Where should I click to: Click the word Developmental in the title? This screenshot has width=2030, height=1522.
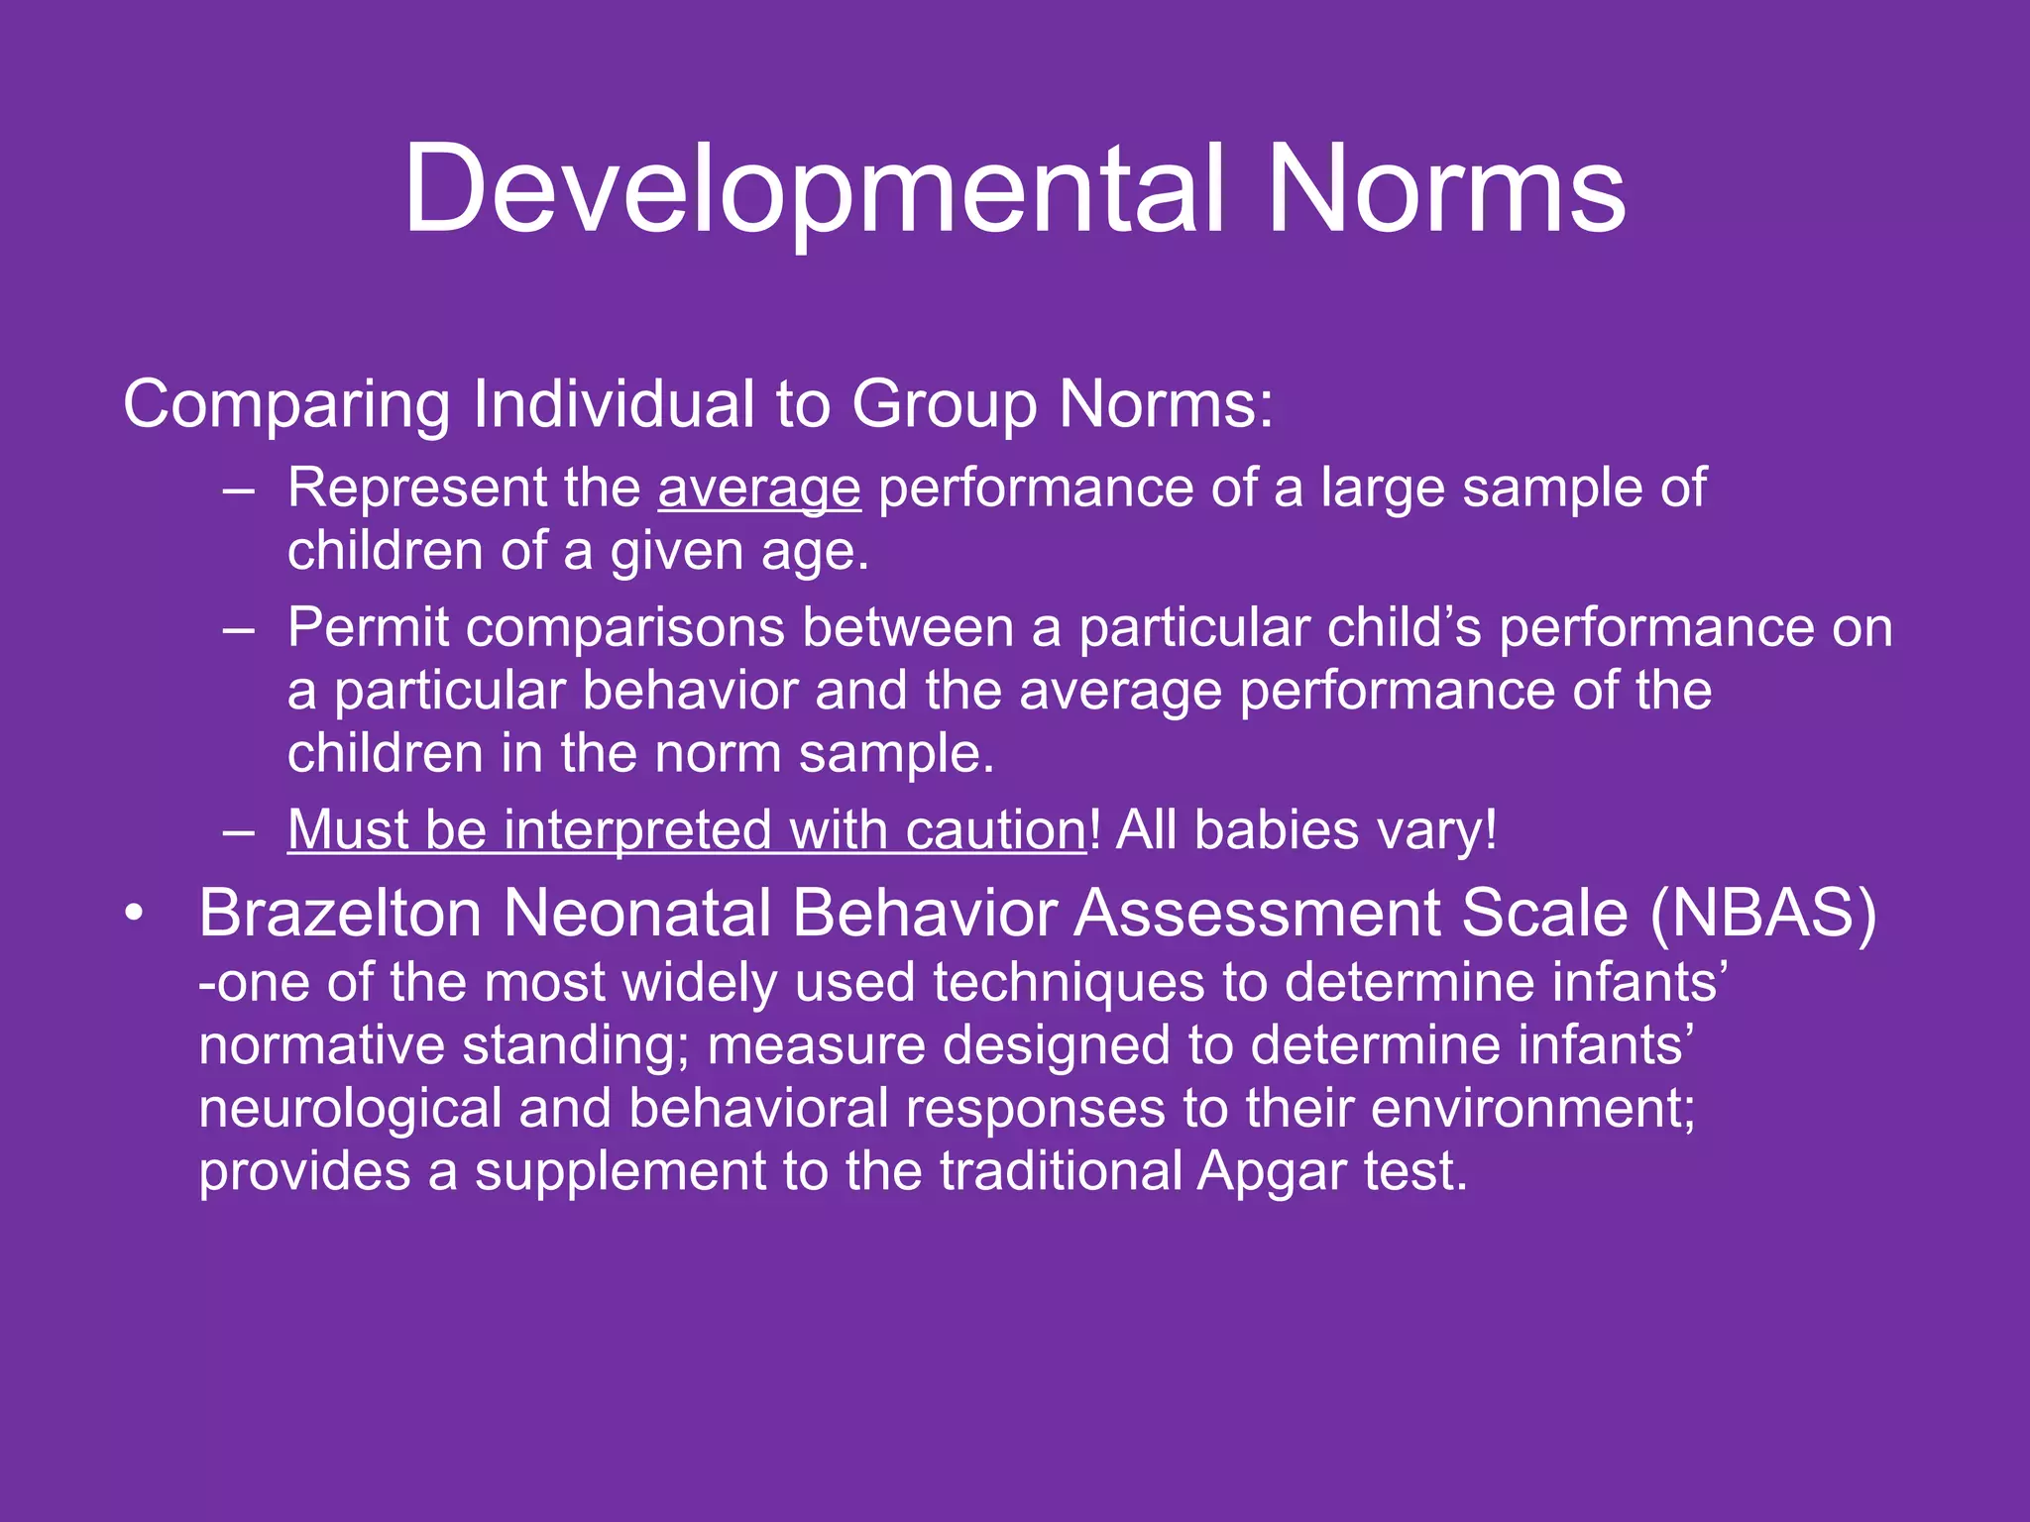pos(813,190)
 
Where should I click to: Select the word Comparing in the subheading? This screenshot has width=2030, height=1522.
pos(287,406)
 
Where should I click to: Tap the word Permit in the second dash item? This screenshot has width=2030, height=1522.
pos(368,628)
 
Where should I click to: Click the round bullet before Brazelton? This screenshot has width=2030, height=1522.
pos(134,913)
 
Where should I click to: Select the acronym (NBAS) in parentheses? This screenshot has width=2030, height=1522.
pos(1762,913)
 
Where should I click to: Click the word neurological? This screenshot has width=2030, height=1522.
pos(350,1109)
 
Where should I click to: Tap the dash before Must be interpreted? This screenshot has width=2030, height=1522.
pos(239,830)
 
